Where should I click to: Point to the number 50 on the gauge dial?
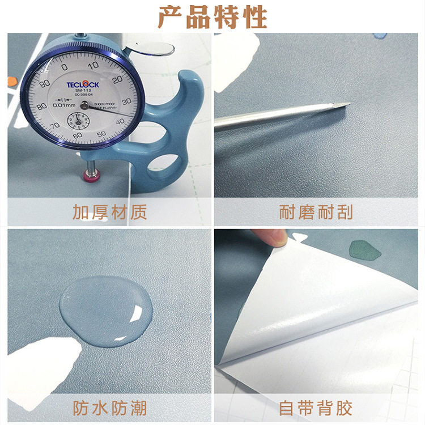tap(101, 133)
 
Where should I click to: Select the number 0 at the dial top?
tap(64, 66)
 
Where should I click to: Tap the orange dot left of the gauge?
tap(9, 83)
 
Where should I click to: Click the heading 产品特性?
tap(212, 17)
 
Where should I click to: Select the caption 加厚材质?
tap(109, 212)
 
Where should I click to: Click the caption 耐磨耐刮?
tap(316, 212)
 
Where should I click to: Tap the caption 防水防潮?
tap(109, 407)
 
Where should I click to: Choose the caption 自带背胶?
tap(316, 407)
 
